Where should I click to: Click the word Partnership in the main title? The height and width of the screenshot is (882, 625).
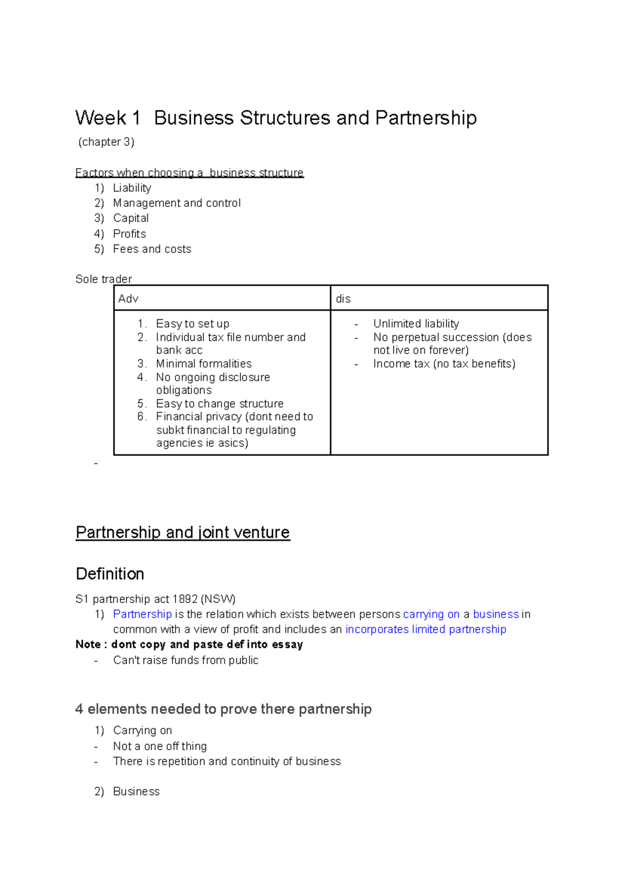426,118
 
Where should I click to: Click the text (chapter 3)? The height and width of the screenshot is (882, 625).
106,142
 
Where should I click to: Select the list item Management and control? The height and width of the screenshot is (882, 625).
177,203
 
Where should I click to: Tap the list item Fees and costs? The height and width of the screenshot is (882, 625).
152,249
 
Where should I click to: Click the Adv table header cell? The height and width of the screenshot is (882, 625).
129,299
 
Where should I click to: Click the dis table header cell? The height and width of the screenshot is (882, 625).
343,299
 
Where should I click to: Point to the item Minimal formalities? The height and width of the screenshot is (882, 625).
204,364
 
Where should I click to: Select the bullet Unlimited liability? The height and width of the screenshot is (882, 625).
416,324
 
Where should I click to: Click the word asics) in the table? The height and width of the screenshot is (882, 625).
233,443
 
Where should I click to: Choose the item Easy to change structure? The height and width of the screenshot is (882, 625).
219,404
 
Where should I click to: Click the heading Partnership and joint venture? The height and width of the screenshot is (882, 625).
182,533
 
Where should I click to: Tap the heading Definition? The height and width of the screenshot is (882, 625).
110,574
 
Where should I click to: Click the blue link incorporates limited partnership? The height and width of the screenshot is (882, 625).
426,629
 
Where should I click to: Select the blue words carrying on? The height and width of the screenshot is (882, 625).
431,614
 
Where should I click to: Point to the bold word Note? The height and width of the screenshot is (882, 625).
88,645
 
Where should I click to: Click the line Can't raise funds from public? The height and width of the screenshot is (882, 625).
185,660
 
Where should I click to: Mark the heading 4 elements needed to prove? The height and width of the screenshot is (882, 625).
223,709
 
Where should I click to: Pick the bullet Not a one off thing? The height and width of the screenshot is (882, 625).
159,747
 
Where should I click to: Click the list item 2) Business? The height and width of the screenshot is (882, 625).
136,791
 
